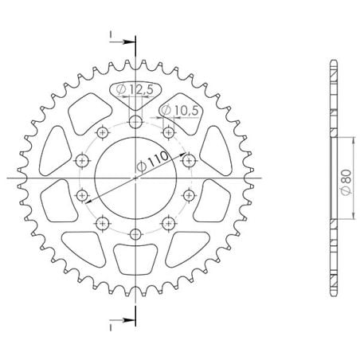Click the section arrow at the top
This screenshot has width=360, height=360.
tap(123, 41)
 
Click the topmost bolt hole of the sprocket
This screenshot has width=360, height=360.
tap(135, 122)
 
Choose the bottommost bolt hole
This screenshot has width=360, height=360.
tap(135, 233)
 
